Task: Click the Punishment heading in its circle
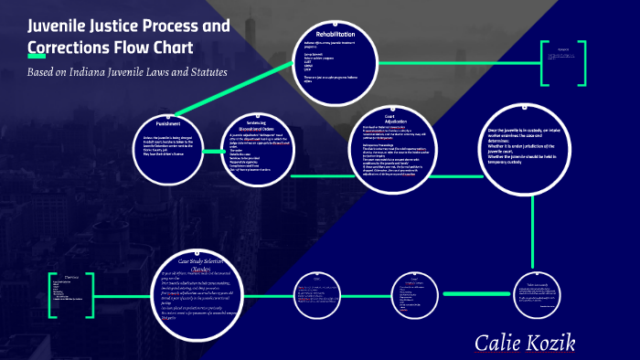coord(167,122)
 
